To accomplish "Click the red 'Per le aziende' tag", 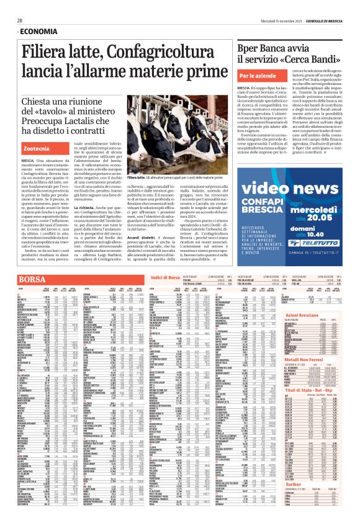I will (x=256, y=75).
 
